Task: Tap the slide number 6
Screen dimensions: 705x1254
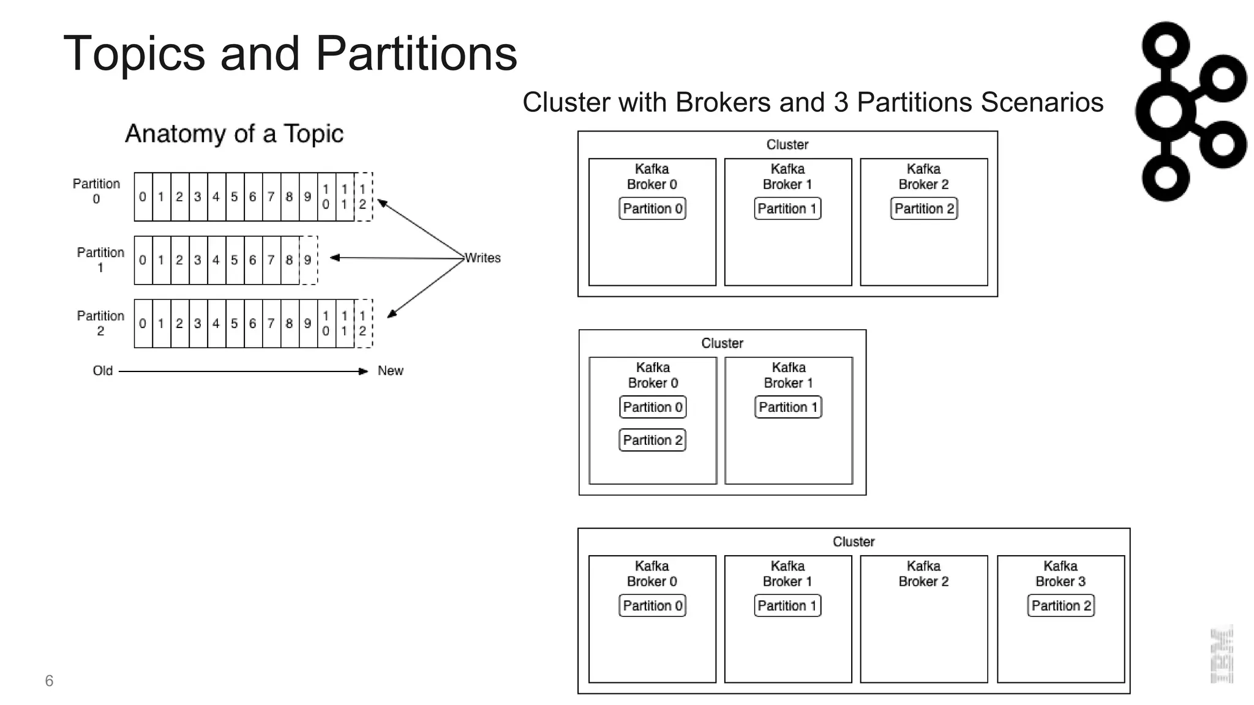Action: pos(49,681)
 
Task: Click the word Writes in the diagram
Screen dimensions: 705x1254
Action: pos(482,258)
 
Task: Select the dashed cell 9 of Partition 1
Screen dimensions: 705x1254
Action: pos(308,260)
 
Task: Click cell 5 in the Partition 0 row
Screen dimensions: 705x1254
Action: pos(234,197)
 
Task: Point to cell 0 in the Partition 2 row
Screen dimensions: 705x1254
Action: pos(143,323)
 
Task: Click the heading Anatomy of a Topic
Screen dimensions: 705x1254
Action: pos(234,133)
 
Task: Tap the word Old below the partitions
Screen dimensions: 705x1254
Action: pos(102,371)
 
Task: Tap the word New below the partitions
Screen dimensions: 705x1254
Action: pos(390,371)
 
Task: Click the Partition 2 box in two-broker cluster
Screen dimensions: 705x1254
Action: pos(652,440)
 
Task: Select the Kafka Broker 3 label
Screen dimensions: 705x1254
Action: pos(1060,573)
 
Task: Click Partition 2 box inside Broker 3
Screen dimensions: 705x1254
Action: pos(1061,606)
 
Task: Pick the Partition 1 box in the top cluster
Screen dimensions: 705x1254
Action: pos(787,209)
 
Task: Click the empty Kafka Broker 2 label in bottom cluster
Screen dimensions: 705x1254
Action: pos(923,573)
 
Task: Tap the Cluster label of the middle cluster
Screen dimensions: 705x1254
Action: pos(722,343)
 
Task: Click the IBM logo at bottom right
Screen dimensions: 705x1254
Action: pos(1222,655)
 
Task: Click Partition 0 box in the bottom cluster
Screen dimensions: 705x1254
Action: pos(652,606)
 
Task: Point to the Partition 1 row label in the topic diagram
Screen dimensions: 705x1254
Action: pos(100,259)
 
